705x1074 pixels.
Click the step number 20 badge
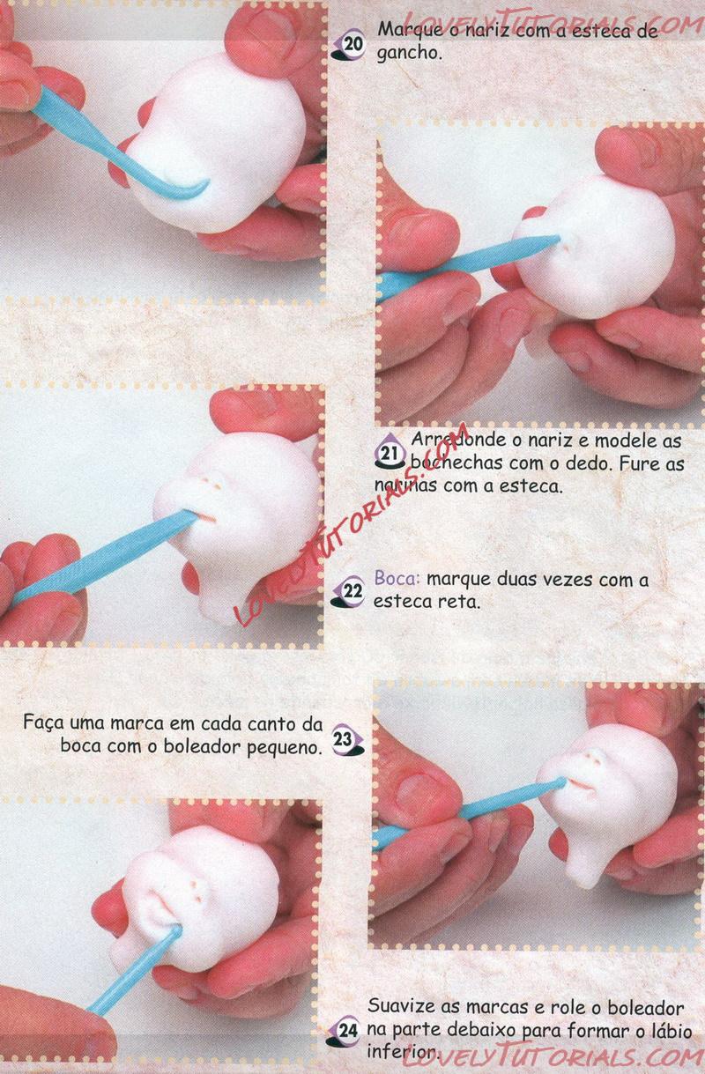click(349, 47)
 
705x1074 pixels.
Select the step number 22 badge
click(349, 593)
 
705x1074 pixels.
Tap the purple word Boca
click(397, 579)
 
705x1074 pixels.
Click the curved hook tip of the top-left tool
click(205, 183)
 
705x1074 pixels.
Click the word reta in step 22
click(459, 601)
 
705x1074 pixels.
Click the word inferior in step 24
click(403, 1051)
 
